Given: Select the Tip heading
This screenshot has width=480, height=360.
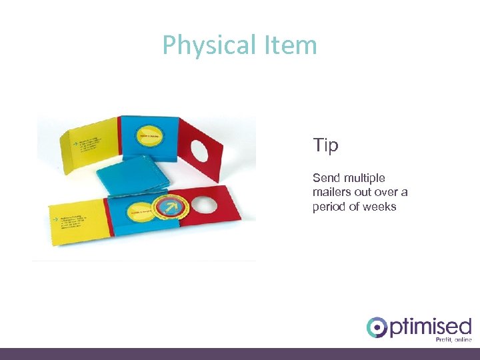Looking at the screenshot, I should click(x=325, y=145).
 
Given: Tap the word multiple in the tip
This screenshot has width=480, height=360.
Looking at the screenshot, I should click(x=363, y=178).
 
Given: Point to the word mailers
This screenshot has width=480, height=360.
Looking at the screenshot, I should click(x=331, y=192).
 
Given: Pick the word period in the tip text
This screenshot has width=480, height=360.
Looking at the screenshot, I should click(x=328, y=207).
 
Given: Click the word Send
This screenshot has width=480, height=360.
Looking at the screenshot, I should click(x=325, y=178).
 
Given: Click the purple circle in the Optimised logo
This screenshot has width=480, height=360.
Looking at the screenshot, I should click(x=377, y=328).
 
